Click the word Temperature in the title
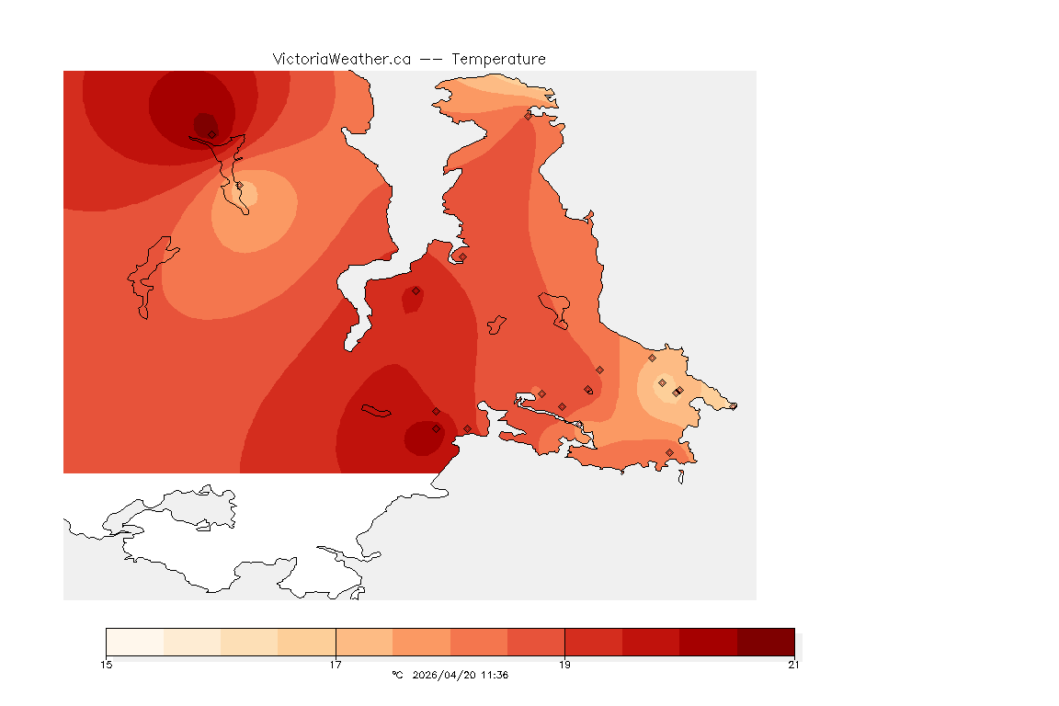point(498,59)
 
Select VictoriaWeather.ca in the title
point(341,59)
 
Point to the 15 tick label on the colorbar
point(107,665)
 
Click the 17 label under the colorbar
point(336,665)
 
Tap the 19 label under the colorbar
point(564,665)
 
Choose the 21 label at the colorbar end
point(793,665)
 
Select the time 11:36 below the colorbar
point(494,676)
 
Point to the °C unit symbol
point(397,676)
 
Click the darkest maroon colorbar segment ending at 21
point(765,641)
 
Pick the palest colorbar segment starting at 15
point(135,641)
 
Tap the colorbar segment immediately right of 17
point(364,641)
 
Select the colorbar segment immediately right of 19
point(593,641)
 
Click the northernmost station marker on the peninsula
point(528,116)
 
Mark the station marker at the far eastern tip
point(733,406)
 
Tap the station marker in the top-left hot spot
point(212,134)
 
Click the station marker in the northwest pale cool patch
point(239,186)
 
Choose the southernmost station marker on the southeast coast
point(669,452)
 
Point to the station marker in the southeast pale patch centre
point(662,382)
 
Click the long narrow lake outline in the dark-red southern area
point(377,411)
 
